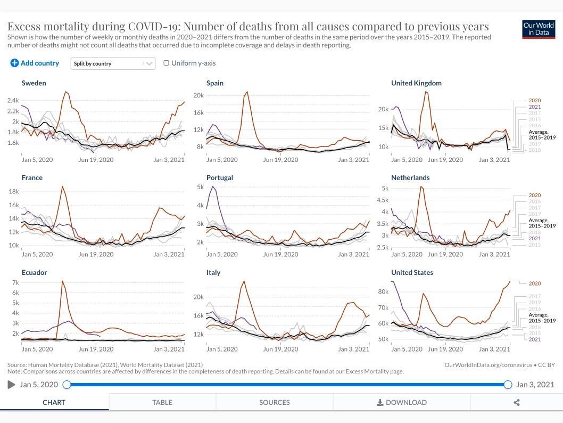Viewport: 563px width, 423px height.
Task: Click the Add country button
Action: pyautogui.click(x=35, y=63)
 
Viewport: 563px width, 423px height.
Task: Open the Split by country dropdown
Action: pyautogui.click(x=113, y=63)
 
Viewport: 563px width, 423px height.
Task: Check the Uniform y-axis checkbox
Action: pyautogui.click(x=167, y=63)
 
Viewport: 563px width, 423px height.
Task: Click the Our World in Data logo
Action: pyautogui.click(x=539, y=29)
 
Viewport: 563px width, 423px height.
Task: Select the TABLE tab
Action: pyautogui.click(x=162, y=402)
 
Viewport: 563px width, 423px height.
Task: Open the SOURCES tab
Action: pyautogui.click(x=275, y=402)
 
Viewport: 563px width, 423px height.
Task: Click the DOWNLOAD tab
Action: pyautogui.click(x=402, y=402)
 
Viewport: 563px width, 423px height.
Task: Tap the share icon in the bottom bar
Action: pyautogui.click(x=517, y=402)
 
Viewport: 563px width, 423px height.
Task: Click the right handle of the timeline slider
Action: pyautogui.click(x=508, y=385)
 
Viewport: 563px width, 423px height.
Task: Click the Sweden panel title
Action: pyautogui.click(x=34, y=83)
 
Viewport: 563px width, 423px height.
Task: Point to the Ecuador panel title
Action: pyautogui.click(x=34, y=272)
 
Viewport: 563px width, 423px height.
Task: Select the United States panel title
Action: pyautogui.click(x=412, y=272)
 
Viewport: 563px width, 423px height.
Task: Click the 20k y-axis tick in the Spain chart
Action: pyautogui.click(x=198, y=95)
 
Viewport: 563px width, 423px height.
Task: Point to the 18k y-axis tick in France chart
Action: pyautogui.click(x=14, y=191)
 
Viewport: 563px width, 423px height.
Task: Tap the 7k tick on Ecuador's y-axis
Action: pyautogui.click(x=15, y=282)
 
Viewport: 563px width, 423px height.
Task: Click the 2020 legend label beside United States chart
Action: pyautogui.click(x=534, y=283)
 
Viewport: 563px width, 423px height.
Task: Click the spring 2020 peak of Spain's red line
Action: pyautogui.click(x=247, y=92)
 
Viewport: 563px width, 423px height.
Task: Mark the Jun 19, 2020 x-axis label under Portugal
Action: pyautogui.click(x=280, y=254)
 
